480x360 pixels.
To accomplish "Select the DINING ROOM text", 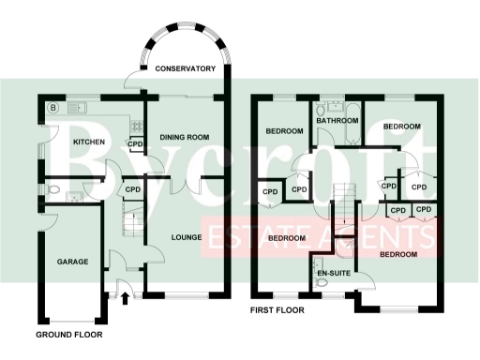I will click(184, 138).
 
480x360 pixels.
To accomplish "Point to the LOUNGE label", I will click(187, 237).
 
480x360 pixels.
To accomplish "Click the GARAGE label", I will click(72, 262).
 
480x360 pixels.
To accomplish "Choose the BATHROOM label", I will click(337, 121).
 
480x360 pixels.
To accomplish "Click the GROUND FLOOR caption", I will click(68, 334).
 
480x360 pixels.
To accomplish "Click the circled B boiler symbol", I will click(52, 108).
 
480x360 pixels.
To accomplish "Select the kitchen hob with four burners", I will click(137, 124).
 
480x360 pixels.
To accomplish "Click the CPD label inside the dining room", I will click(135, 143).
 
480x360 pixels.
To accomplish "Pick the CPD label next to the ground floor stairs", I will click(132, 190).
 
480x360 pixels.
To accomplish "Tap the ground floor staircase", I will click(132, 226).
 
